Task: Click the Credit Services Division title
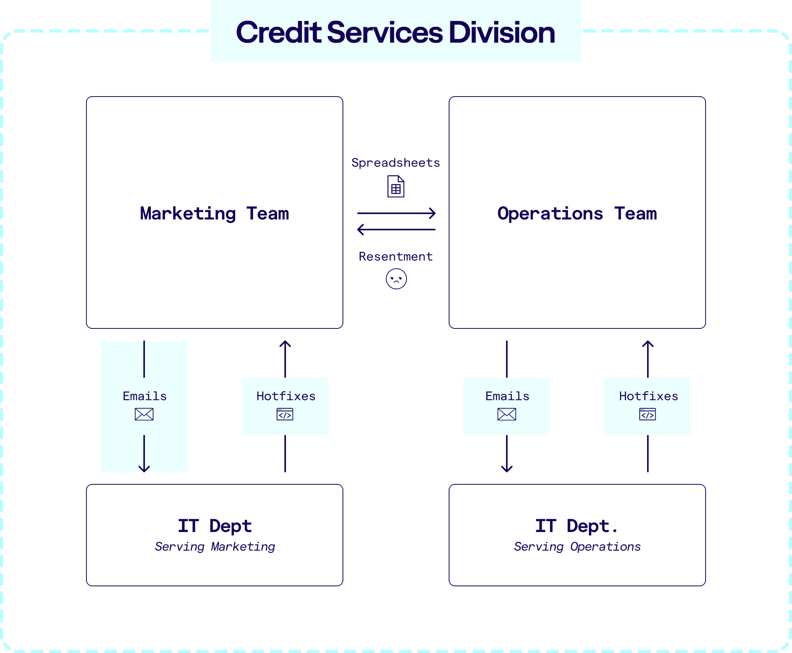click(395, 33)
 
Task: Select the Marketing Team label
click(214, 214)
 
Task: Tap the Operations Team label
click(577, 214)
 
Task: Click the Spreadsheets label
click(396, 163)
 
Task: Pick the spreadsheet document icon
click(396, 187)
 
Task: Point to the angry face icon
click(396, 279)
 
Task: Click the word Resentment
click(396, 257)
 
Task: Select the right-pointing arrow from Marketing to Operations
click(396, 213)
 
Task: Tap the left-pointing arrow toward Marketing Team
click(396, 230)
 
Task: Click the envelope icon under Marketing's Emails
click(144, 414)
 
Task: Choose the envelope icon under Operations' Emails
click(507, 414)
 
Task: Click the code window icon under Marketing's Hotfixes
click(285, 414)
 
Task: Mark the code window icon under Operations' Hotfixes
click(647, 414)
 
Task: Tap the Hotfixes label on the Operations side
click(648, 396)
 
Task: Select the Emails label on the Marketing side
click(145, 396)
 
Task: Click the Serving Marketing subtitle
click(215, 547)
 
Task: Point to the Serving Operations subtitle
click(577, 547)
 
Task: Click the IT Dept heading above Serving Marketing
click(215, 526)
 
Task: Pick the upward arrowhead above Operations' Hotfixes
click(647, 344)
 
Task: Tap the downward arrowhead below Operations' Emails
click(507, 469)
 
